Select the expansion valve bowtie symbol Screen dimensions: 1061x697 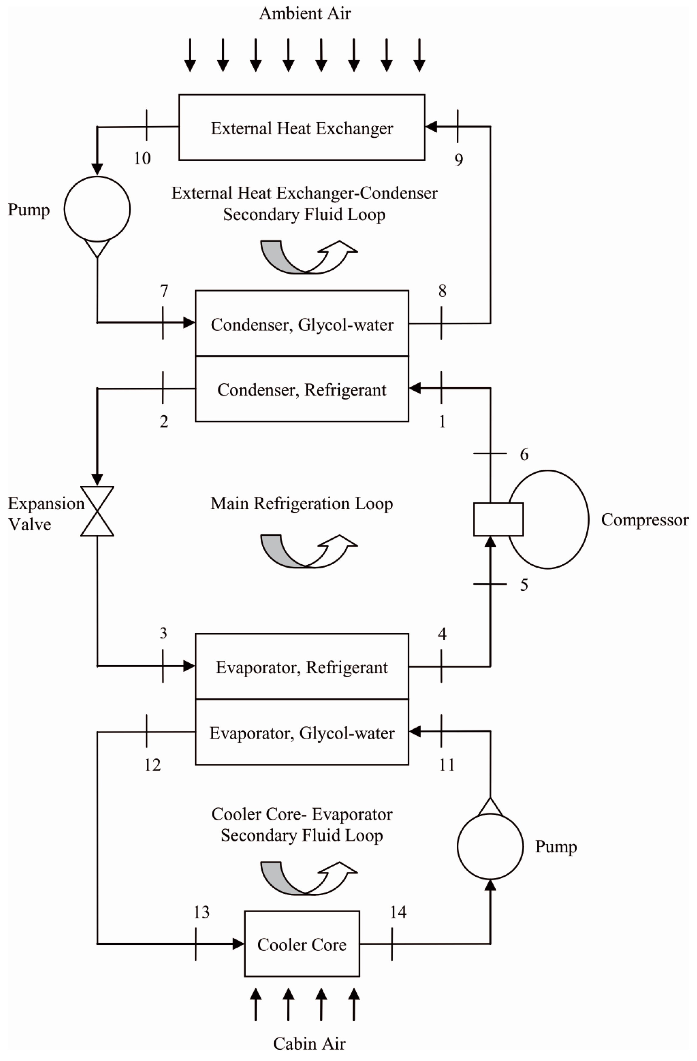[x=97, y=511]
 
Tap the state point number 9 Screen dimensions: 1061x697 [x=458, y=160]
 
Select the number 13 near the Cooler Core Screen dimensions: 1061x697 [x=201, y=913]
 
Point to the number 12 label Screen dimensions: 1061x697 [x=152, y=765]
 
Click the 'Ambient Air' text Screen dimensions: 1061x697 [x=305, y=13]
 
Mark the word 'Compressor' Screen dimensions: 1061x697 [x=644, y=520]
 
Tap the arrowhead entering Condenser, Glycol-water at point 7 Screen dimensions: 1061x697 [x=189, y=322]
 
